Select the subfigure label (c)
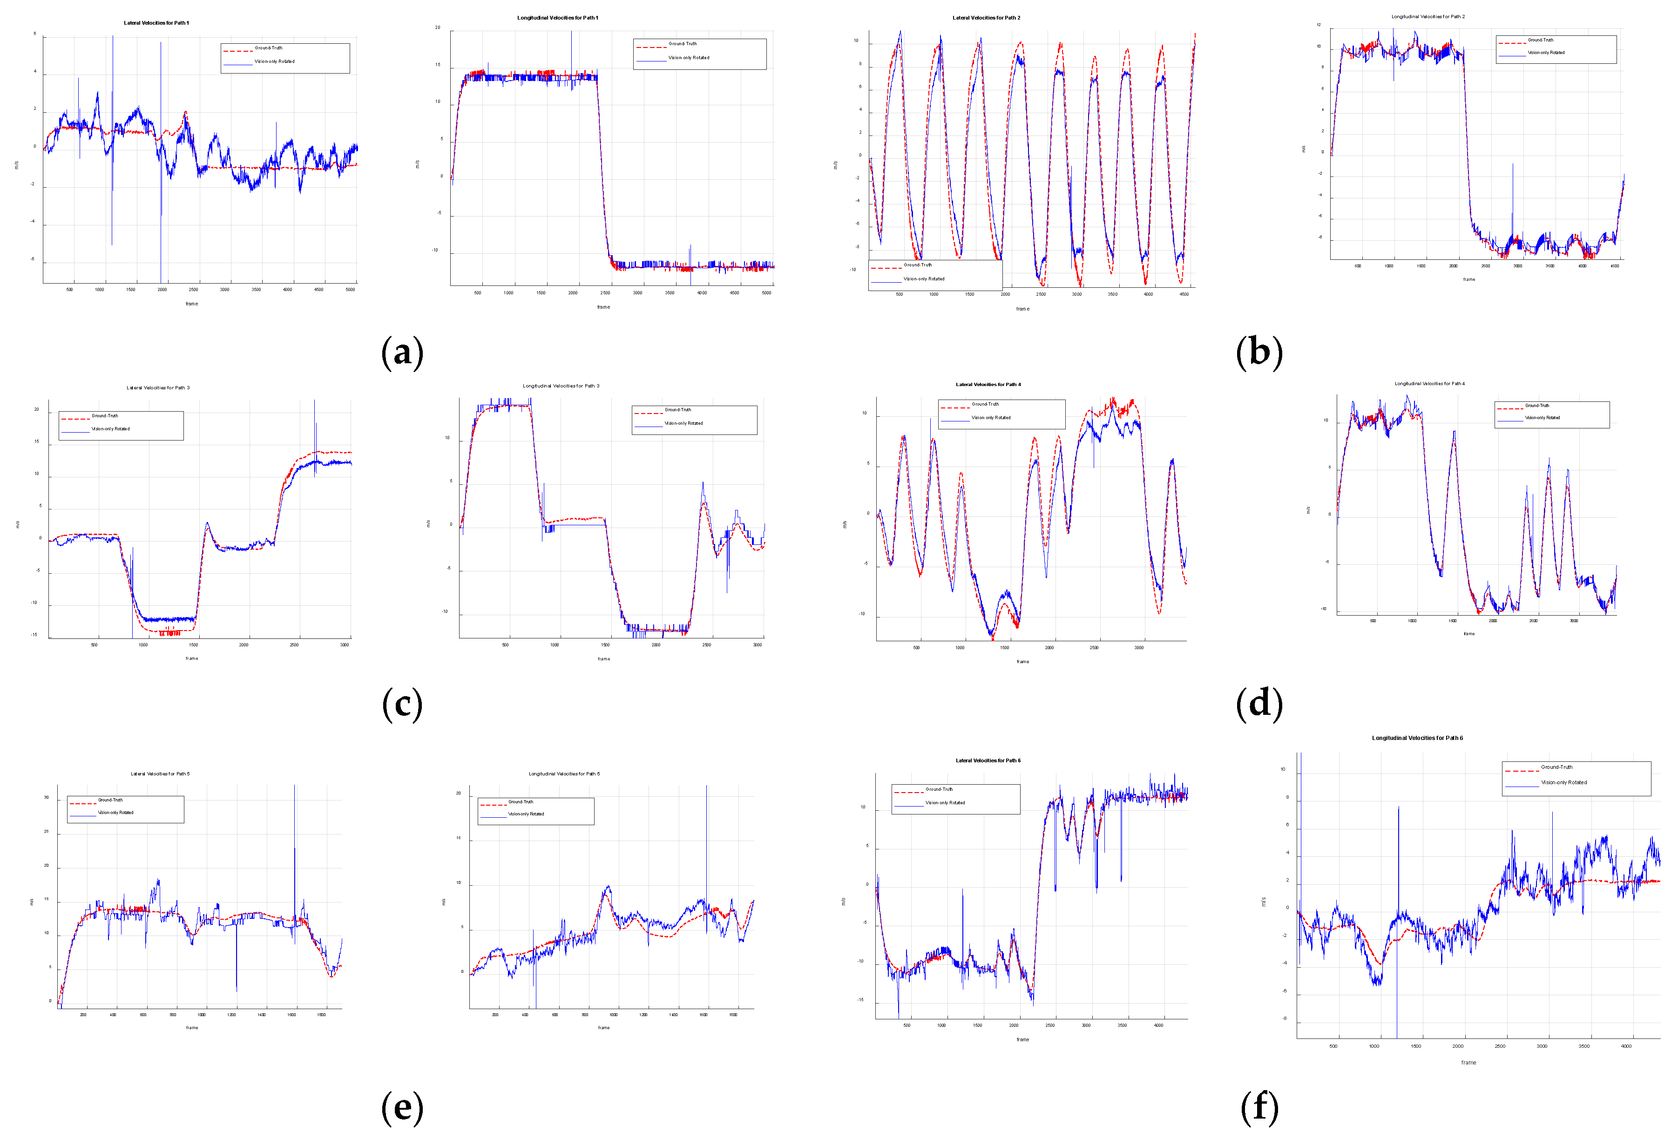(402, 704)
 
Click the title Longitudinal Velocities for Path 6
(1417, 738)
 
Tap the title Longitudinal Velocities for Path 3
(561, 386)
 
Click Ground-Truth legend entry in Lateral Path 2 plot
(917, 265)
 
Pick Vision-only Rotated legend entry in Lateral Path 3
(110, 429)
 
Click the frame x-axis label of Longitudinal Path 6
(1468, 1062)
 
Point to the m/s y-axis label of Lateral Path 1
(17, 165)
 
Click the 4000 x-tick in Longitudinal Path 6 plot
(1626, 1045)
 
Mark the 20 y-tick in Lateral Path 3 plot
(37, 409)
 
